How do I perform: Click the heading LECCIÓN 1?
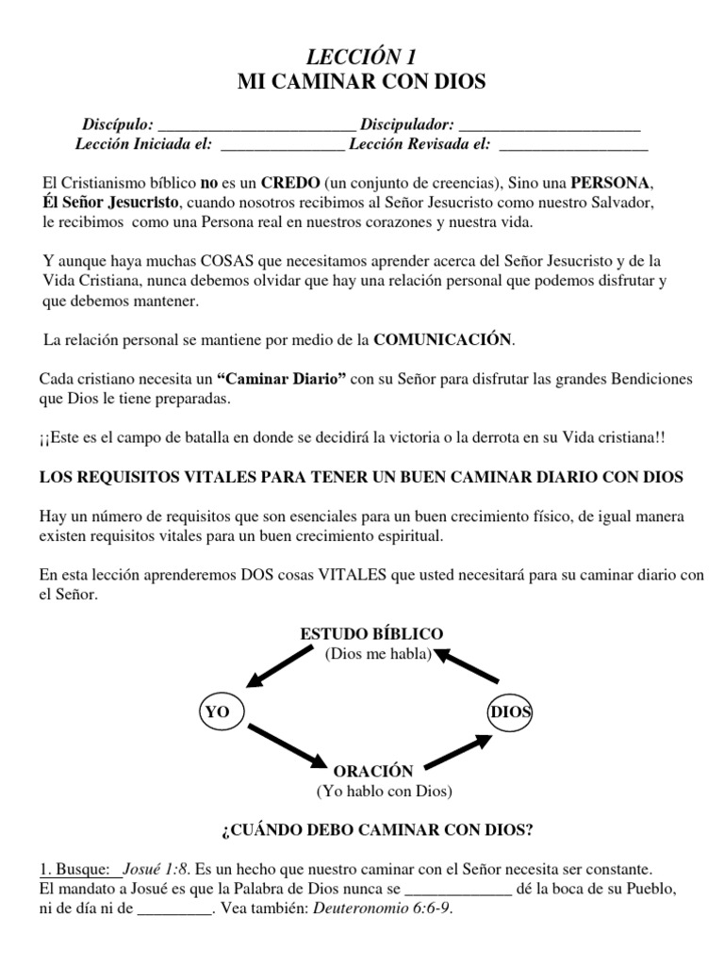click(361, 57)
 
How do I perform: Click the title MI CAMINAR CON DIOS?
click(361, 83)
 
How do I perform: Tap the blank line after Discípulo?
click(257, 125)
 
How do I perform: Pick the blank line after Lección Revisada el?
click(573, 145)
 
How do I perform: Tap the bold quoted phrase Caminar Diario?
click(282, 379)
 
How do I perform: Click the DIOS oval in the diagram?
click(510, 712)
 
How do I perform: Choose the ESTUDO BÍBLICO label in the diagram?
click(371, 633)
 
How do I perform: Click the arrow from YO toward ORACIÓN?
click(288, 744)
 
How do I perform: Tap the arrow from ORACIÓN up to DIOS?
click(457, 751)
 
